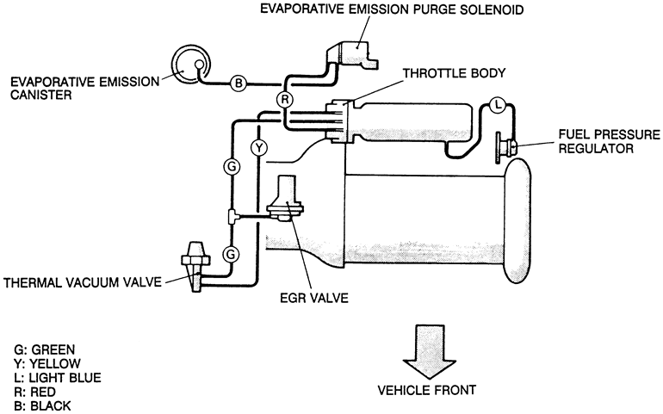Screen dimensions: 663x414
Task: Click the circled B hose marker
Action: [239, 83]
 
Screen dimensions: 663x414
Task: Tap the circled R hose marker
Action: [284, 99]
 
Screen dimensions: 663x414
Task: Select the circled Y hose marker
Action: [259, 148]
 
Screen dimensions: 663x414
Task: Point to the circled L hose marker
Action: [498, 104]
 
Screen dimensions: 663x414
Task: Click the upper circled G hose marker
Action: [232, 167]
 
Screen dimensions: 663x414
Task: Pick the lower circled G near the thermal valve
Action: [231, 255]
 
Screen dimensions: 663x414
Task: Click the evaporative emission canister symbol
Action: [190, 65]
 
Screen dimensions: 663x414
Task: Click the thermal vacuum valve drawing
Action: [195, 266]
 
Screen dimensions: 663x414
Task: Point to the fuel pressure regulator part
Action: [506, 146]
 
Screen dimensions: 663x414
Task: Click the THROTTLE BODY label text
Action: [454, 73]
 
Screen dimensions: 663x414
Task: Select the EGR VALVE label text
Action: [314, 298]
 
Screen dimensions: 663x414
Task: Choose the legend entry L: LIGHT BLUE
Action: [58, 377]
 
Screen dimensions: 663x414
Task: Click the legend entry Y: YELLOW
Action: [47, 363]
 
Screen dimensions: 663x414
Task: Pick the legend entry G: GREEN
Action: [45, 349]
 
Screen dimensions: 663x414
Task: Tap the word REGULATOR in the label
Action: [596, 149]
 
